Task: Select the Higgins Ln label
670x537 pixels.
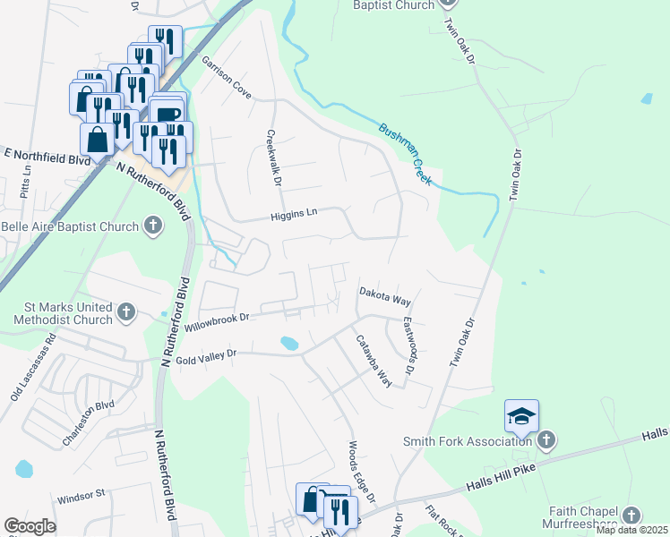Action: click(295, 214)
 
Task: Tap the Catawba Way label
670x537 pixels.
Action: click(374, 361)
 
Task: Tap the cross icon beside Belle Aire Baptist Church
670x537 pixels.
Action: click(153, 226)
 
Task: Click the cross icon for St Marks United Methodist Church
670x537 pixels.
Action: click(126, 312)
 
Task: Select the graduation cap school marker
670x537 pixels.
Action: click(521, 415)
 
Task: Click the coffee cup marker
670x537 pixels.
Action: click(167, 112)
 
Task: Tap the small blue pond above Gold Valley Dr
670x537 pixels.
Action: click(288, 343)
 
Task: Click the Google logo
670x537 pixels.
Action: click(30, 526)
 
